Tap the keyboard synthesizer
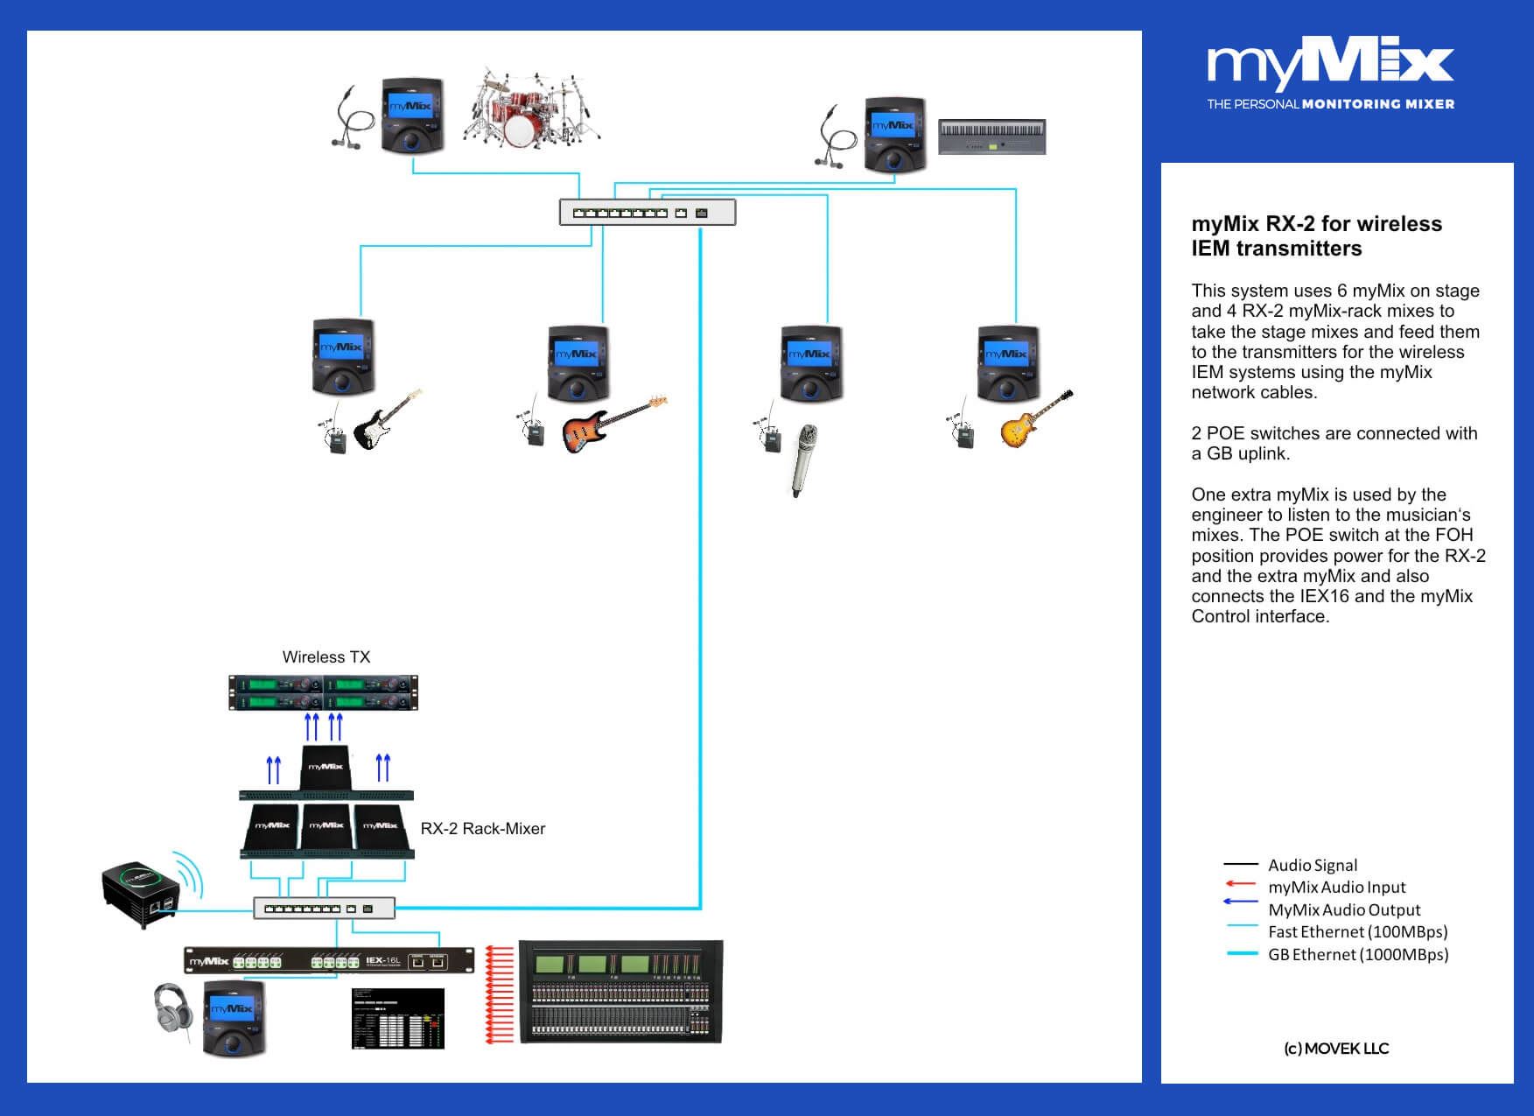click(x=991, y=137)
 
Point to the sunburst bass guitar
click(x=613, y=424)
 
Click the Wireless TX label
click(x=326, y=656)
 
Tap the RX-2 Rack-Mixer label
click(x=482, y=828)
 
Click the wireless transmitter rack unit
click(x=323, y=692)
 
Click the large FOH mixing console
click(x=620, y=992)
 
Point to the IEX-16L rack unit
click(x=328, y=961)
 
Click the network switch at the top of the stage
click(x=647, y=212)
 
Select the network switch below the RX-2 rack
click(x=324, y=909)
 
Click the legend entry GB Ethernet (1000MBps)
click(x=1357, y=954)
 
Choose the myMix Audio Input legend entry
click(x=1336, y=887)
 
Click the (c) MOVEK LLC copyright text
click(x=1335, y=1048)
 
